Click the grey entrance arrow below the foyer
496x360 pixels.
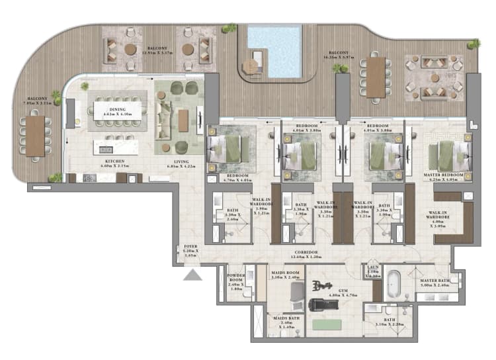pyautogui.click(x=192, y=275)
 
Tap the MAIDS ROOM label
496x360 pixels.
pyautogui.click(x=285, y=274)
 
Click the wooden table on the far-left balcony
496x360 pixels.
pyautogui.click(x=35, y=136)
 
